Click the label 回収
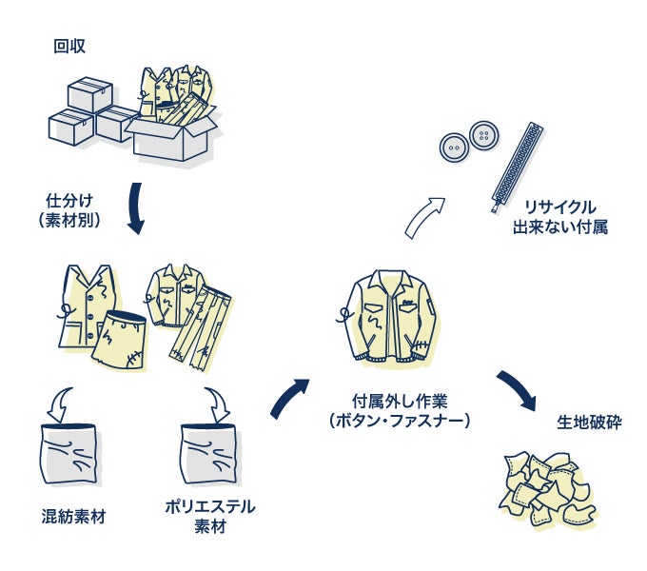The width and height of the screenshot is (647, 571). [69, 45]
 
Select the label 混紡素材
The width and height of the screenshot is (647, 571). [73, 517]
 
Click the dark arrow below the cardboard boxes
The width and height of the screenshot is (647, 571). [134, 208]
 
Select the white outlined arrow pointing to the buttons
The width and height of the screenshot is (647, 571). [424, 216]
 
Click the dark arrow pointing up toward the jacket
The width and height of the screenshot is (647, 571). [289, 398]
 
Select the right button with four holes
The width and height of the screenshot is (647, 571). [484, 134]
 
